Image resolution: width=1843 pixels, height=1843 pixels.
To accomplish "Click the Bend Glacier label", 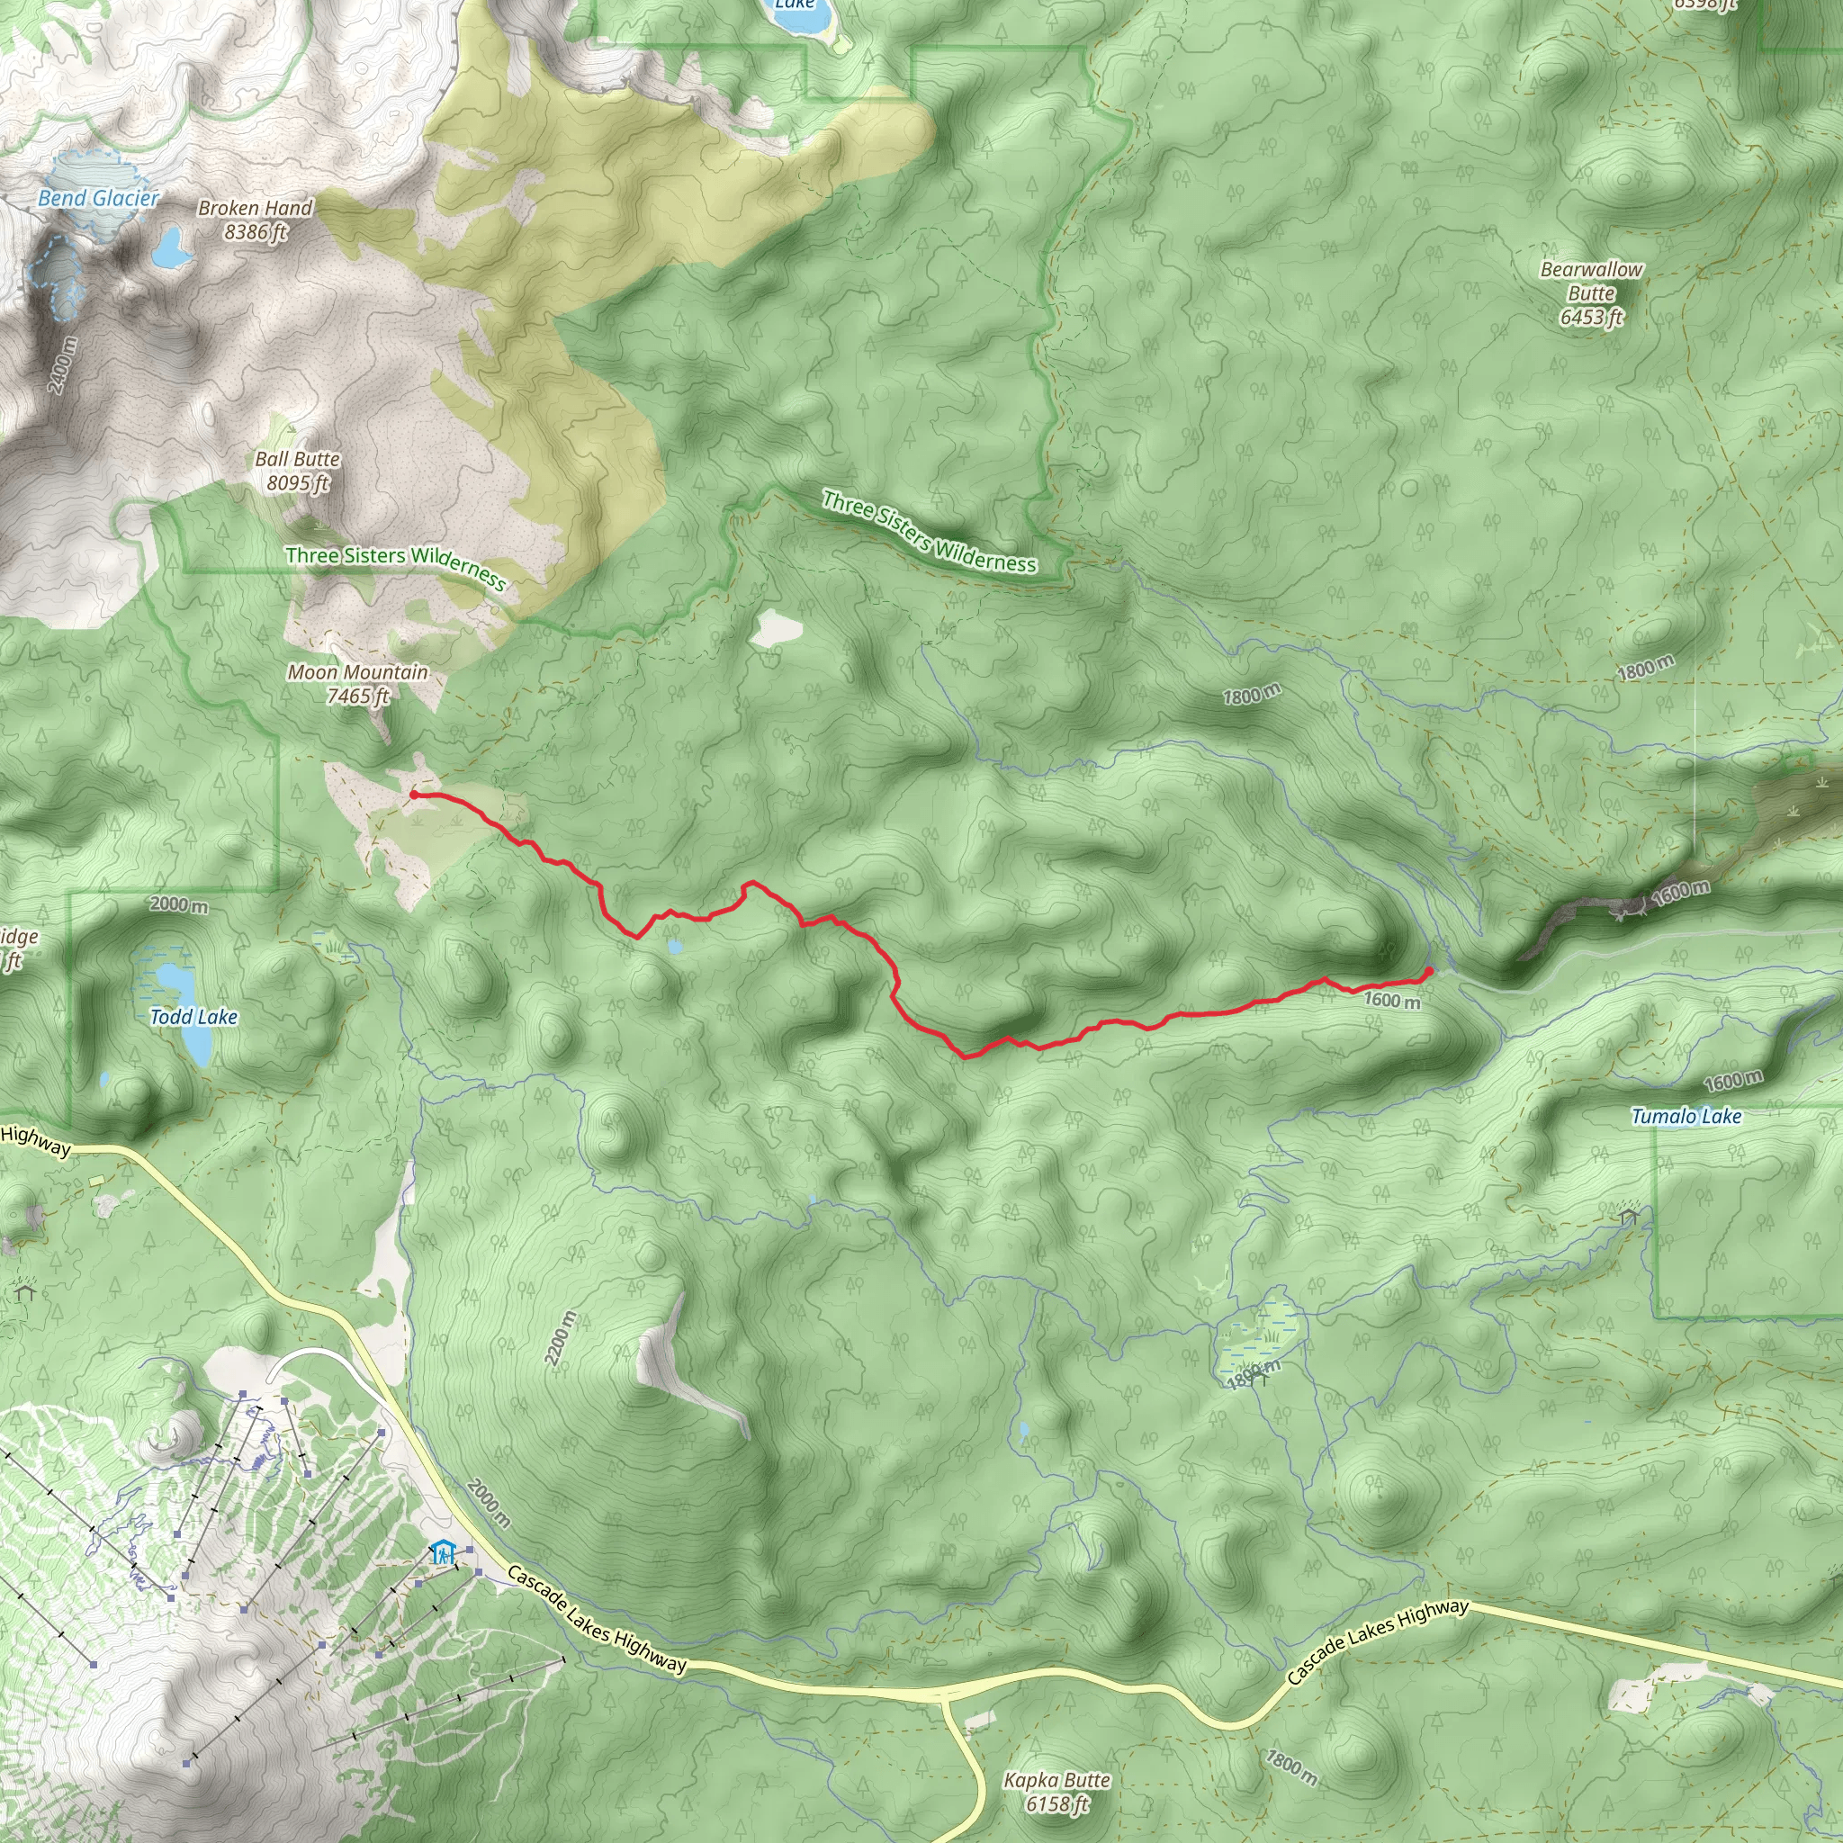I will [x=98, y=198].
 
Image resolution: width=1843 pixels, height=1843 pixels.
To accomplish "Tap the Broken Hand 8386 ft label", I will [x=255, y=220].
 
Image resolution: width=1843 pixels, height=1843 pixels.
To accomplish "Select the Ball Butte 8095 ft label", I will [x=298, y=471].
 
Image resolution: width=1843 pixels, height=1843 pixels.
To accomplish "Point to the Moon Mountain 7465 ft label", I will [x=358, y=684].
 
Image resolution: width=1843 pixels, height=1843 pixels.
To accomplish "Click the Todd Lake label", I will [x=193, y=1017].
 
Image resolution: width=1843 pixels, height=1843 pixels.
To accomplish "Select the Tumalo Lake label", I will [x=1686, y=1116].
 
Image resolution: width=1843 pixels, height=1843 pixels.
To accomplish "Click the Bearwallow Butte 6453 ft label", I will [x=1591, y=292].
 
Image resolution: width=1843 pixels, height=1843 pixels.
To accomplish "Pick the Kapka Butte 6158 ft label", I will [x=1057, y=1792].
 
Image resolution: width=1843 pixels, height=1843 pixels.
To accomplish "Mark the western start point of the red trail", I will [x=414, y=794].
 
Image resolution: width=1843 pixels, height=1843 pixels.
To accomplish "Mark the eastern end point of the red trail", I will [x=1428, y=971].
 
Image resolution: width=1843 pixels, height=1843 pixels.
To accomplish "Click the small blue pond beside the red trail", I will [x=676, y=948].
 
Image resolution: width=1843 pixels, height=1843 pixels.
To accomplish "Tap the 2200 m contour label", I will [x=560, y=1338].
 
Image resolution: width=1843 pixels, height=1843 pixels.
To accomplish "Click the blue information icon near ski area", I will [x=442, y=1552].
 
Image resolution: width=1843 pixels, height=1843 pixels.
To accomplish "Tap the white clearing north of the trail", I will [x=778, y=629].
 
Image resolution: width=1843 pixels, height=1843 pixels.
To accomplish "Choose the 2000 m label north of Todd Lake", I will [x=178, y=904].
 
